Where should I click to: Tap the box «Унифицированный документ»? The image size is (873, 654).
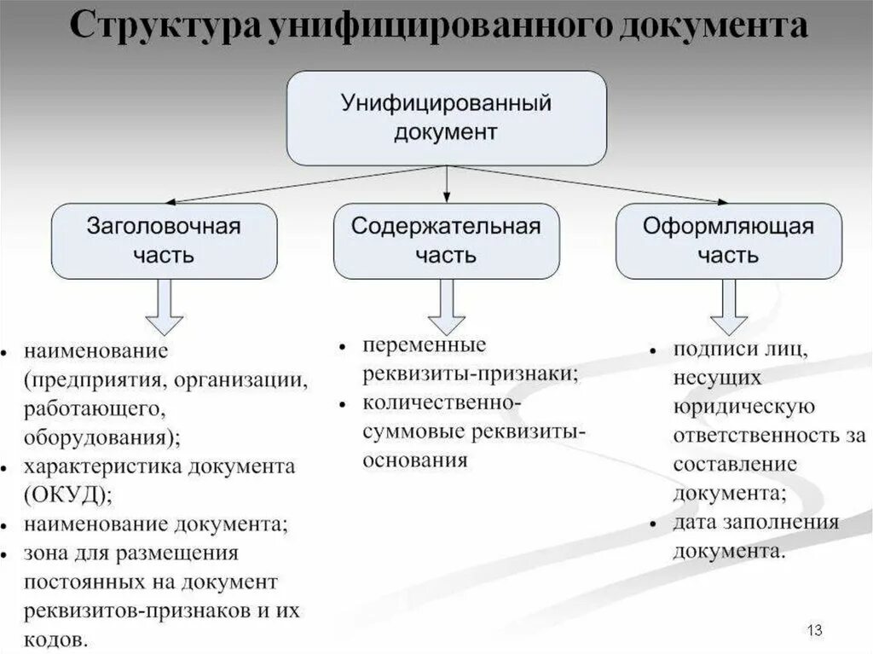click(446, 118)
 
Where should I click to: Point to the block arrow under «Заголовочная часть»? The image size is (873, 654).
click(164, 307)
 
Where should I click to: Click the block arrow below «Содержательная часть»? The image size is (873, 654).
click(446, 307)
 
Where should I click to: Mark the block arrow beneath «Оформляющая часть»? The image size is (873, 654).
click(728, 307)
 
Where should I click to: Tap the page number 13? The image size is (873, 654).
click(813, 630)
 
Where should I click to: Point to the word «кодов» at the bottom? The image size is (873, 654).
click(53, 639)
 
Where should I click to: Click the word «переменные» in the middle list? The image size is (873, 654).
click(424, 346)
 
